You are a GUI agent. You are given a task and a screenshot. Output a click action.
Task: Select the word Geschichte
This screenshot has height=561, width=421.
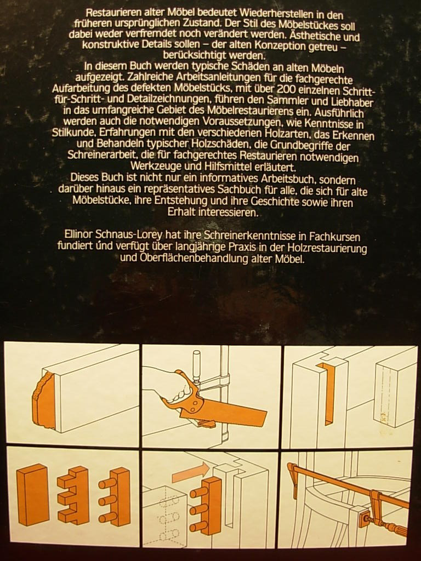click(258, 202)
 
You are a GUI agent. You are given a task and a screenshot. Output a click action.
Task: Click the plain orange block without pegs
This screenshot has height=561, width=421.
click(32, 495)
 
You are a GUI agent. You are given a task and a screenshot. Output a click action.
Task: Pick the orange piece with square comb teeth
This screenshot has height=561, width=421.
click(74, 495)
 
